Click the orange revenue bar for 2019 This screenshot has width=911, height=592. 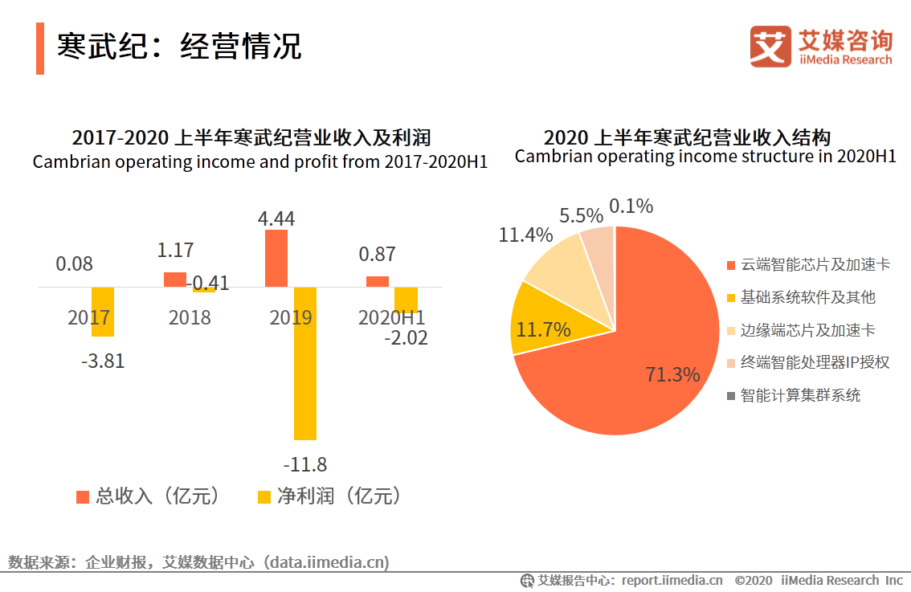(276, 258)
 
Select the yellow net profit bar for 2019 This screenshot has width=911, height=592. (305, 363)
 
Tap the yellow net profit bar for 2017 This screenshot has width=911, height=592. (103, 312)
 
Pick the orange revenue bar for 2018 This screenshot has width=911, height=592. (175, 280)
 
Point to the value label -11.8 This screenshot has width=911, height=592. (305, 465)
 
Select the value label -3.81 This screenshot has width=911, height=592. (103, 361)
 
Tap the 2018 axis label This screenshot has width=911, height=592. (190, 317)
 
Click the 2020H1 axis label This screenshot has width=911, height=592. (392, 317)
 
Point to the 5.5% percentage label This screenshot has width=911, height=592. (581, 216)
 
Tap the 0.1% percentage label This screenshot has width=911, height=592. (631, 206)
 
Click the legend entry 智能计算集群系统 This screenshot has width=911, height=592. (799, 395)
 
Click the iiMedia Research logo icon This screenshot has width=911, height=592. (770, 47)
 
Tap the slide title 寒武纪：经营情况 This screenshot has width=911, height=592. (178, 47)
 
